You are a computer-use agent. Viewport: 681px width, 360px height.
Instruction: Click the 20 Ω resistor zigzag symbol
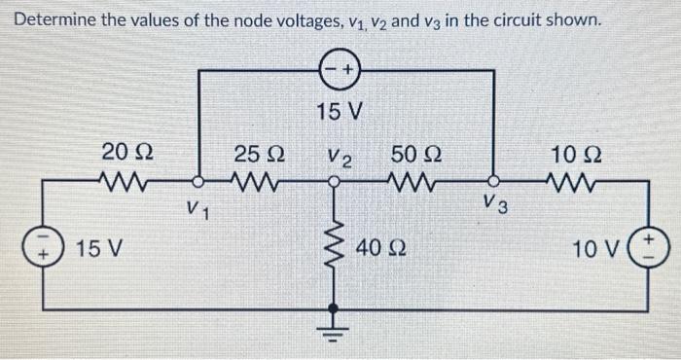click(125, 181)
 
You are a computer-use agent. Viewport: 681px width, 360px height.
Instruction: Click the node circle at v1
click(198, 181)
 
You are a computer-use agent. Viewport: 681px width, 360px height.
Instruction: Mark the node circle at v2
click(334, 181)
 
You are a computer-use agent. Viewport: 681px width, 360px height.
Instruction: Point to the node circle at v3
click(494, 181)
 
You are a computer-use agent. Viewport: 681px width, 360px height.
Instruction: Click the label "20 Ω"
click(125, 153)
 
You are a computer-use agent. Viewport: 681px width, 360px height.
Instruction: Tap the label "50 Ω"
click(415, 153)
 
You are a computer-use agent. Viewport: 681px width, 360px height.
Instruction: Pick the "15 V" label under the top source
click(340, 112)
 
